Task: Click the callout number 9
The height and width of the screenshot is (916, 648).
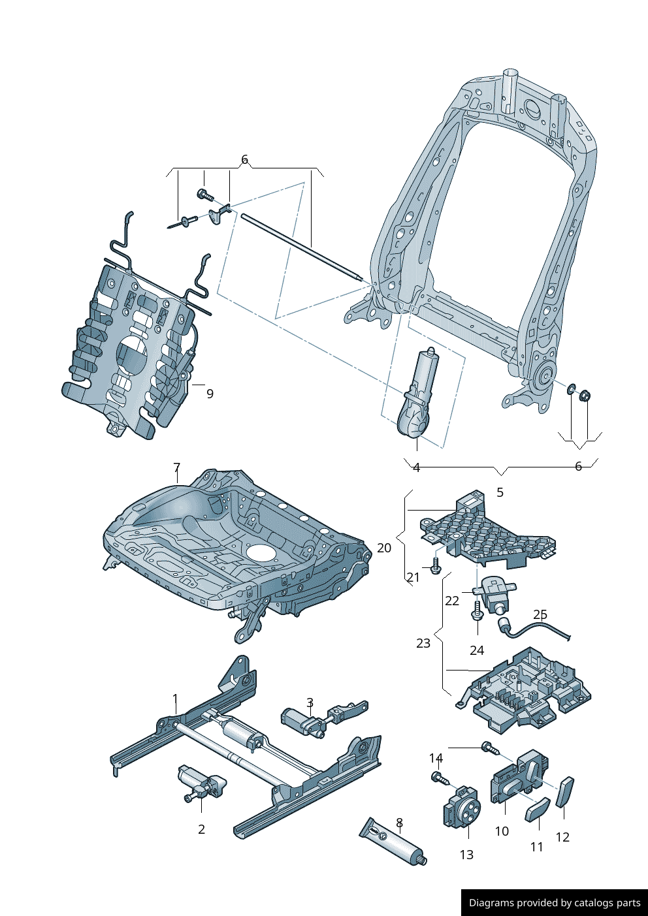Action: pos(210,394)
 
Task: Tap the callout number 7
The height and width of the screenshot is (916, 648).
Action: pos(177,467)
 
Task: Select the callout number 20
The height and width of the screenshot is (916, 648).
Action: pos(384,548)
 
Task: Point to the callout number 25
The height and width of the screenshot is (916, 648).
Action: pos(540,614)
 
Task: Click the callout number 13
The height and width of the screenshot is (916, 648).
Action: pos(467,855)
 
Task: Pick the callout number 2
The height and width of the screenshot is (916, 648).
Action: pos(201,829)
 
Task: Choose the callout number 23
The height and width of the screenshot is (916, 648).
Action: pos(423,643)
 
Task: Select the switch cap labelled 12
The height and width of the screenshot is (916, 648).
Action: pos(564,792)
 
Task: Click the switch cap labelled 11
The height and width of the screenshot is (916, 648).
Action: pos(538,810)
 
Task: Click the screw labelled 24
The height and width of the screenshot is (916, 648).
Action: pos(477,610)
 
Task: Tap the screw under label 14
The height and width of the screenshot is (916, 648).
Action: pos(441,778)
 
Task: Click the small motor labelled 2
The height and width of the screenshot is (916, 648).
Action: pos(201,782)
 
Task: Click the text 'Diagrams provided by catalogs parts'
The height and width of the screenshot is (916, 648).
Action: pos(555,902)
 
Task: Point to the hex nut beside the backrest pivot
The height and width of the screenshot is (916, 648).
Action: pos(585,396)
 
